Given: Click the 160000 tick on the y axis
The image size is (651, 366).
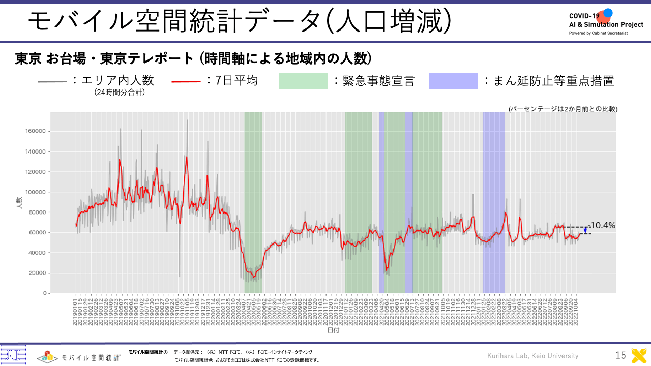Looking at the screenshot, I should pos(36,131).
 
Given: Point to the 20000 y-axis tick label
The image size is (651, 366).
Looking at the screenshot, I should pos(38,273).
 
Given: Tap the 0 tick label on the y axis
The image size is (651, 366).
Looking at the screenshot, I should pos(45,293).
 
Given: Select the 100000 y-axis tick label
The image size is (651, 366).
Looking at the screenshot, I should pos(36,192).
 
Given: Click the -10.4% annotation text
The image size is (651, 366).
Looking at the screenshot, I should pos(602,225).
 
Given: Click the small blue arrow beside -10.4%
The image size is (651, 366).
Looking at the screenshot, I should pos(585,230).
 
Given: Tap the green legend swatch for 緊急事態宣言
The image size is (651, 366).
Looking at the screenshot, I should pos(304,81).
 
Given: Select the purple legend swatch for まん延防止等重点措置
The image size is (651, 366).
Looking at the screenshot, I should pos(454,81).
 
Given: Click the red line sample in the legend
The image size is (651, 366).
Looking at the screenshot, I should pos(188,81).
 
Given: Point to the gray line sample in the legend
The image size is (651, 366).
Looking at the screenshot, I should pos(52,81).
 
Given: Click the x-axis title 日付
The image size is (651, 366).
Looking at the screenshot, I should pos(333,330).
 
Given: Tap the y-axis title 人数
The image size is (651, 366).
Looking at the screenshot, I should pos(19,203).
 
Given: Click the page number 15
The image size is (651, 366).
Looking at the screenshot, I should pos(620,356).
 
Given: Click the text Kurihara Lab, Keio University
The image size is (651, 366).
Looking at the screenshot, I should pos(532,356).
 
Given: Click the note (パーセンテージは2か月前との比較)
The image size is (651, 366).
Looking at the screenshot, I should pos(563,109).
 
